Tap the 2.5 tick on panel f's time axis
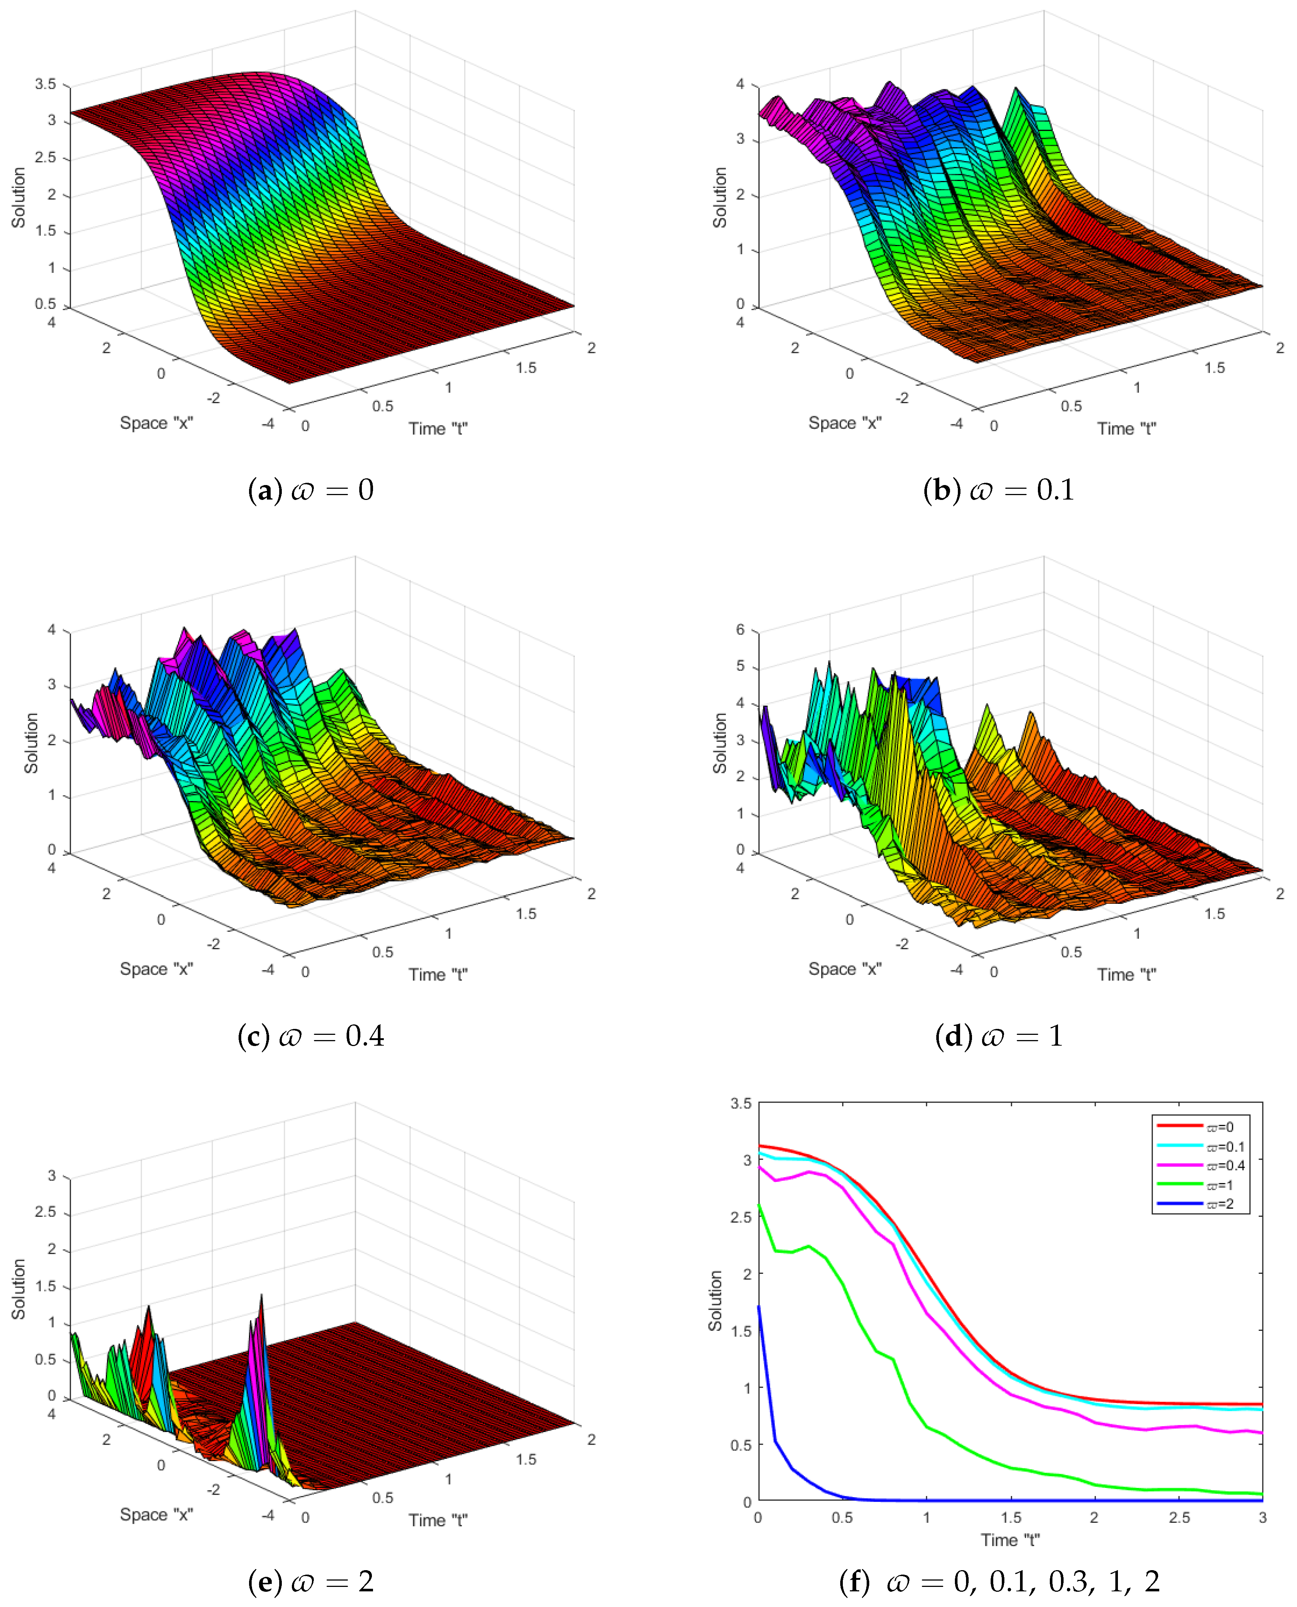coord(1179,1518)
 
